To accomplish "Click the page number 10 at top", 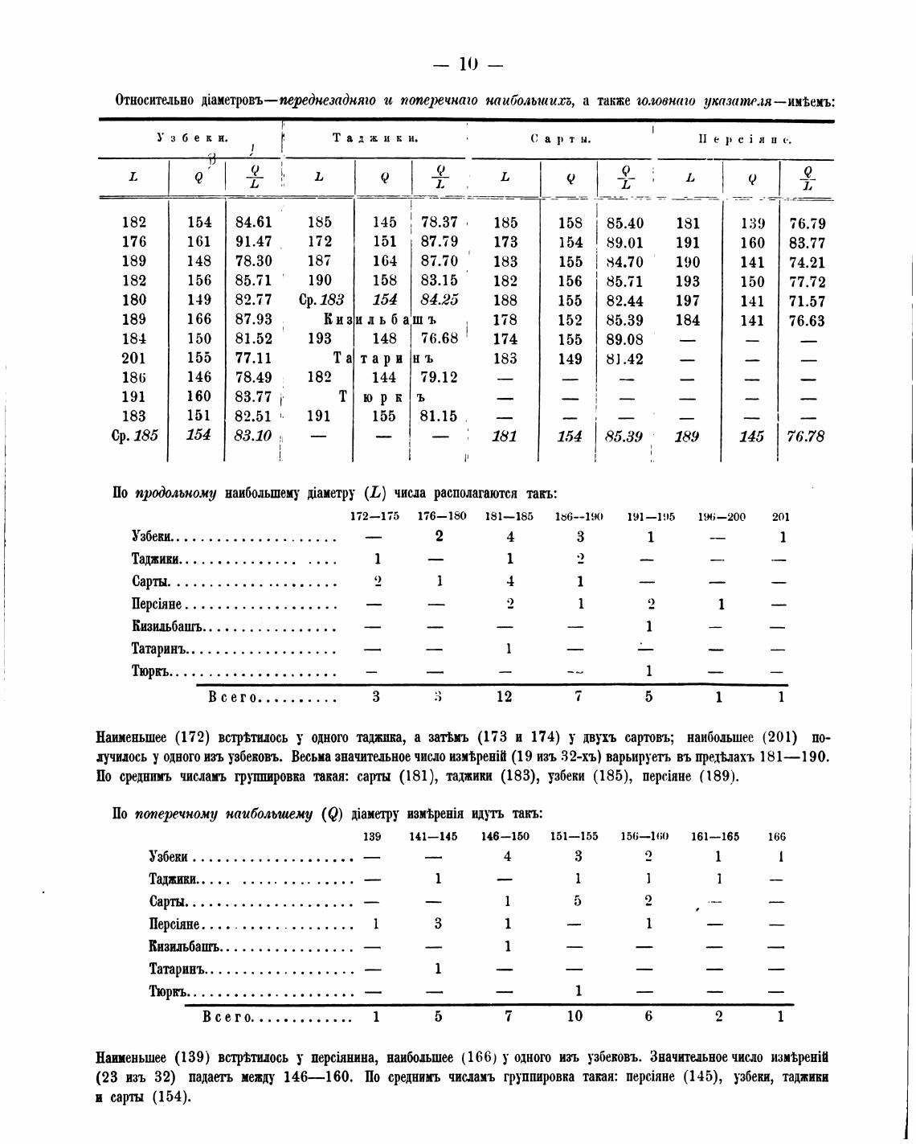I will point(468,64).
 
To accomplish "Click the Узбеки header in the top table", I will point(193,138).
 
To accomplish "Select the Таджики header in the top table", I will point(375,138).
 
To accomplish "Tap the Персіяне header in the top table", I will point(745,139).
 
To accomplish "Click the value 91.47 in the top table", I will point(253,242).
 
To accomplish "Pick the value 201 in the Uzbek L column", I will point(134,359).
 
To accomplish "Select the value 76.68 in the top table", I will point(438,339).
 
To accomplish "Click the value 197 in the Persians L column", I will point(688,301).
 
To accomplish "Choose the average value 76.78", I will point(806,437).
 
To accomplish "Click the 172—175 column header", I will point(375,516).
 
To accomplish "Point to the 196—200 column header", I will point(722,517).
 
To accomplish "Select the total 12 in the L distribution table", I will point(504,697).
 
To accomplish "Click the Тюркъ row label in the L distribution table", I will point(152,670).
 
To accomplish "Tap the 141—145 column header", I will point(434,836).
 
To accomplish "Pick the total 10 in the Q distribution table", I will point(575,1016).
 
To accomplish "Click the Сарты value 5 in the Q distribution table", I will point(578,901).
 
